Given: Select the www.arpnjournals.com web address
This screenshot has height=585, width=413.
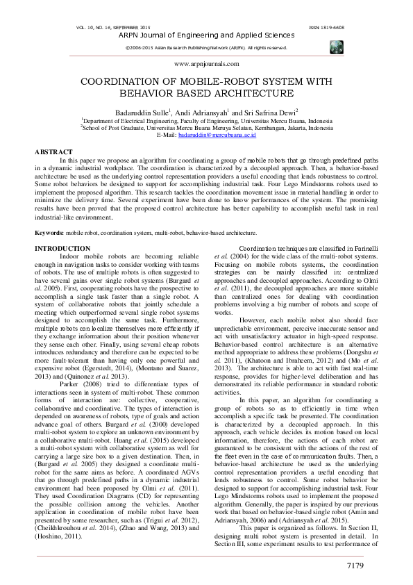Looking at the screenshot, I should [x=205, y=63].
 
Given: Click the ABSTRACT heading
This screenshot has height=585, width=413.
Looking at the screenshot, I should [x=53, y=151].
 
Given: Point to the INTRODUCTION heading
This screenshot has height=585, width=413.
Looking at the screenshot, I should [x=62, y=248].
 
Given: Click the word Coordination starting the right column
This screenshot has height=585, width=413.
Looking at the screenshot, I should [x=261, y=248].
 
